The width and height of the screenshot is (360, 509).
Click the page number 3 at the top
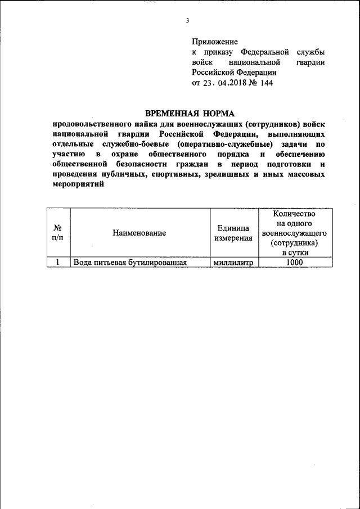[187, 21]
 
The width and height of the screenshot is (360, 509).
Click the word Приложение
[215, 42]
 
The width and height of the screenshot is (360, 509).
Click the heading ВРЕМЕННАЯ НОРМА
[185, 113]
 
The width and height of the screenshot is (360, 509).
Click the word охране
[131, 154]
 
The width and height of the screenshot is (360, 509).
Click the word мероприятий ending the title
[78, 184]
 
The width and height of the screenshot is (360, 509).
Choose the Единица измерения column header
[233, 233]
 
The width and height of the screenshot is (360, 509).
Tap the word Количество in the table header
[293, 214]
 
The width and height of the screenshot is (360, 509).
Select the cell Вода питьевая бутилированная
[130, 262]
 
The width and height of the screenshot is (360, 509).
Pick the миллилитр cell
[233, 262]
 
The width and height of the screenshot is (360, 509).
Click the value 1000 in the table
[294, 262]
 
